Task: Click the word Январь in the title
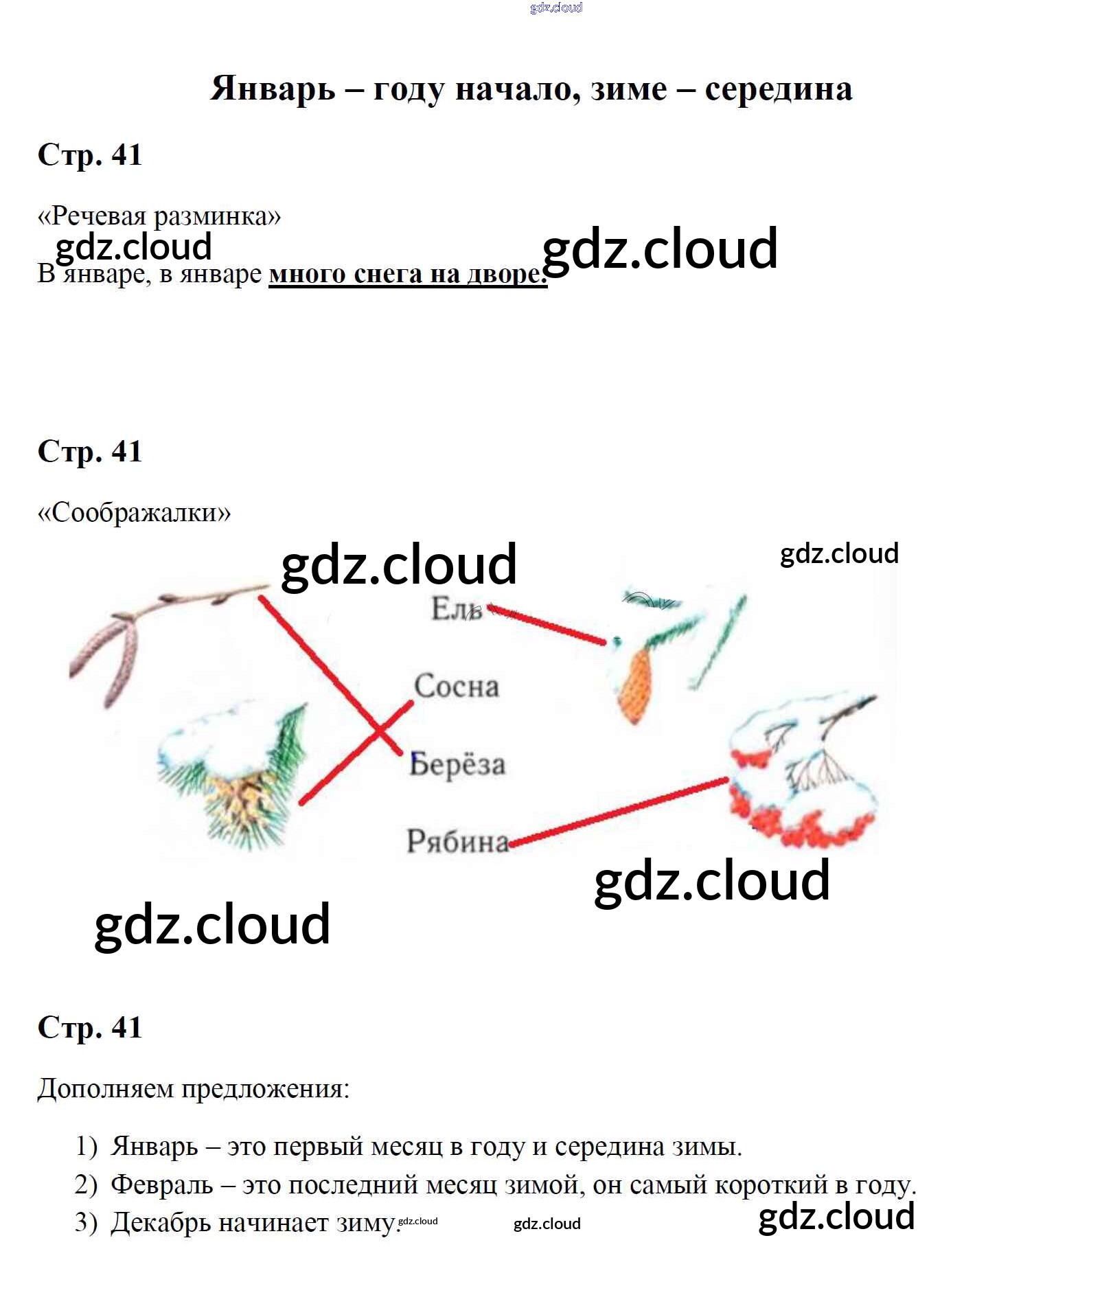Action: point(273,89)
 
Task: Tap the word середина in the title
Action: point(779,90)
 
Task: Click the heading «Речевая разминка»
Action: point(159,216)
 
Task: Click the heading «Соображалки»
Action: point(135,512)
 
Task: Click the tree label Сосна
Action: point(457,686)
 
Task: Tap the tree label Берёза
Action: point(457,764)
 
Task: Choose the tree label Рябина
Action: point(458,841)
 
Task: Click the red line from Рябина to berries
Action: point(619,812)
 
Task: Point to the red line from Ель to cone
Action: point(547,624)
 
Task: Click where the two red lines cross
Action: point(378,732)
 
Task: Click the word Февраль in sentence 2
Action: point(162,1185)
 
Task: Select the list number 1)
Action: point(87,1147)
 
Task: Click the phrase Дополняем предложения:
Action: point(194,1089)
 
